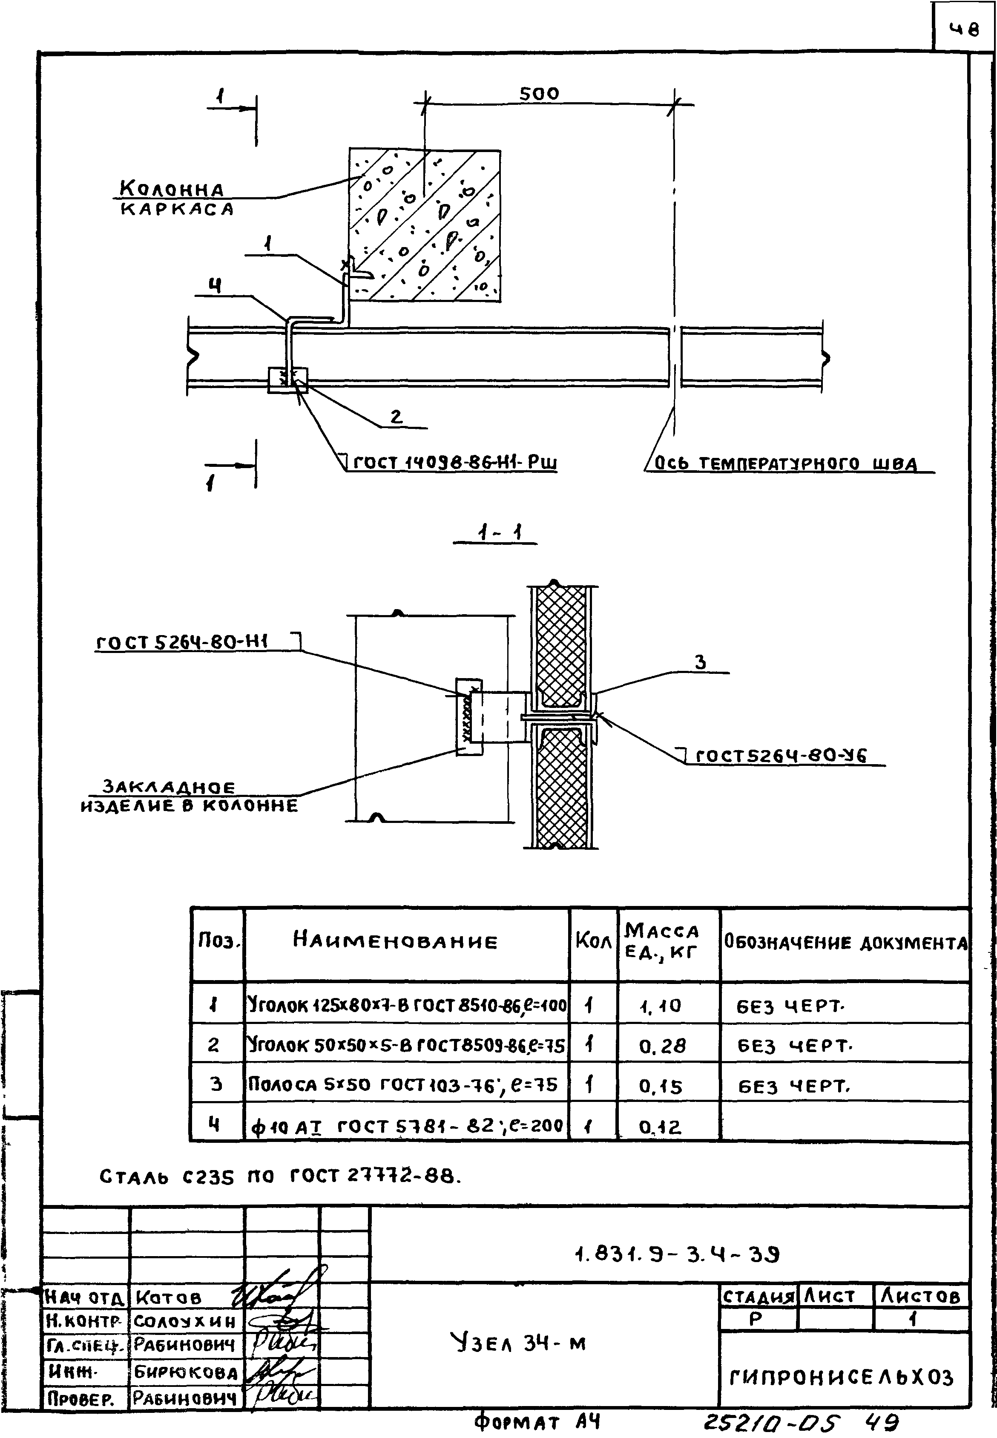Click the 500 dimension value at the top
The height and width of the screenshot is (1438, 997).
tap(539, 94)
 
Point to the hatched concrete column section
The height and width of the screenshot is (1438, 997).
tap(425, 225)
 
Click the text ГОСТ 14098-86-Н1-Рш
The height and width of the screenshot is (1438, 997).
tap(455, 463)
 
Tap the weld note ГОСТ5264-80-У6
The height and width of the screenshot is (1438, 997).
tap(781, 756)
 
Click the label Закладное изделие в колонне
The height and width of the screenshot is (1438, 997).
tap(189, 796)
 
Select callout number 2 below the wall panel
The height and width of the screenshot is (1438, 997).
tap(396, 417)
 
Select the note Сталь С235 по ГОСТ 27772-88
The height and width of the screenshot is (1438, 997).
tap(281, 1177)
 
